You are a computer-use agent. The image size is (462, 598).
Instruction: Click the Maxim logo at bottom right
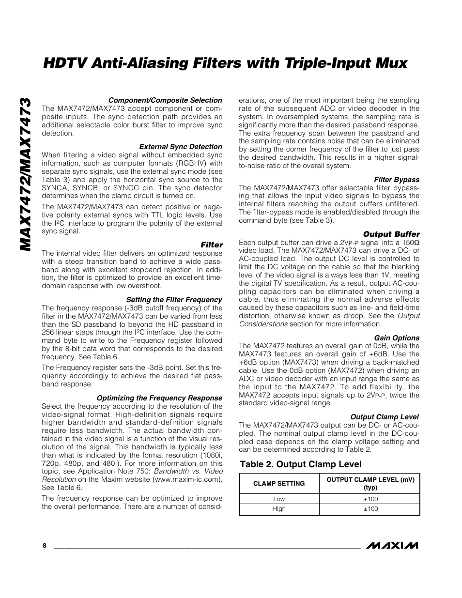(x=392, y=546)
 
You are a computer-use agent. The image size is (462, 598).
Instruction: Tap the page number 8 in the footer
(x=45, y=546)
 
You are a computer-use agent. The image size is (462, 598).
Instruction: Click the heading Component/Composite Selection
(x=165, y=100)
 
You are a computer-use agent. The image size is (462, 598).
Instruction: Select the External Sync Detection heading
(x=181, y=147)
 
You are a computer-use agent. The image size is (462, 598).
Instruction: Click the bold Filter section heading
(x=212, y=245)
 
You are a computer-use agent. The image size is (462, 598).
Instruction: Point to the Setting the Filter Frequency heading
(x=174, y=300)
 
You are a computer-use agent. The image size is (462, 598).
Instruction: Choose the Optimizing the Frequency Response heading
(x=159, y=398)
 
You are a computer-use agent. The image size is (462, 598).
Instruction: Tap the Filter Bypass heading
(x=397, y=180)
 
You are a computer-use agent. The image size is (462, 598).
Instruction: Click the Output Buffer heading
(x=391, y=234)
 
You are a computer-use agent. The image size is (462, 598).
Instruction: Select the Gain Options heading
(x=397, y=338)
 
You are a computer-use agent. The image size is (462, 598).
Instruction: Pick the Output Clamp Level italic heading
(x=384, y=417)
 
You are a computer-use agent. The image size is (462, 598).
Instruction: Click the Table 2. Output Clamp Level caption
(x=301, y=464)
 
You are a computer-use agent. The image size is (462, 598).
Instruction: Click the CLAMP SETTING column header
(x=279, y=483)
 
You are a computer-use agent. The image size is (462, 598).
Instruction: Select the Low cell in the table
(x=279, y=499)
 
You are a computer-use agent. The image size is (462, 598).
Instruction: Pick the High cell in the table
(x=279, y=509)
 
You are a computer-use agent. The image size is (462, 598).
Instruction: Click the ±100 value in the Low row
(x=370, y=499)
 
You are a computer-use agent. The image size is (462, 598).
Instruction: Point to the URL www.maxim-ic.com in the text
(x=186, y=479)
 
